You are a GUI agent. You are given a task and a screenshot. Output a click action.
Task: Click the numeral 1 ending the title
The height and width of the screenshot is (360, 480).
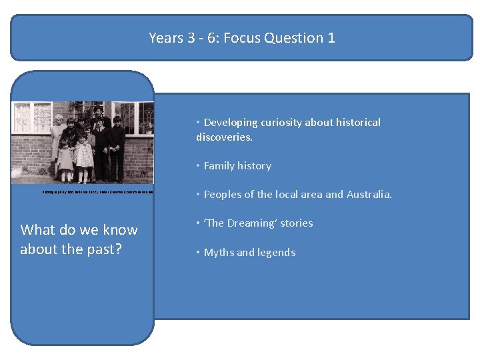(x=331, y=38)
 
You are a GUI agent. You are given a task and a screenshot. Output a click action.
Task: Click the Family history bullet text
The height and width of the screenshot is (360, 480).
(x=237, y=166)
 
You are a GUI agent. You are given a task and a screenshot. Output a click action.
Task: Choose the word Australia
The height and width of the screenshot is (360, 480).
(x=367, y=195)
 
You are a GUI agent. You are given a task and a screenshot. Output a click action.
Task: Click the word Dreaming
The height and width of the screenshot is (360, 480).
(x=251, y=223)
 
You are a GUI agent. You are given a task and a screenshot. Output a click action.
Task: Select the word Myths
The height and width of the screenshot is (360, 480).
(x=217, y=253)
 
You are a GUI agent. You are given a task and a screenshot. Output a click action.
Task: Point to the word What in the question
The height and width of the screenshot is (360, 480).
(x=37, y=230)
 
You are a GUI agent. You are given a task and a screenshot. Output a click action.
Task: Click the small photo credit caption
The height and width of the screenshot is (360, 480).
(x=97, y=191)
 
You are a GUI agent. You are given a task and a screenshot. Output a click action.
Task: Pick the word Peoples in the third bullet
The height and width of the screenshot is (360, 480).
(x=222, y=195)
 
